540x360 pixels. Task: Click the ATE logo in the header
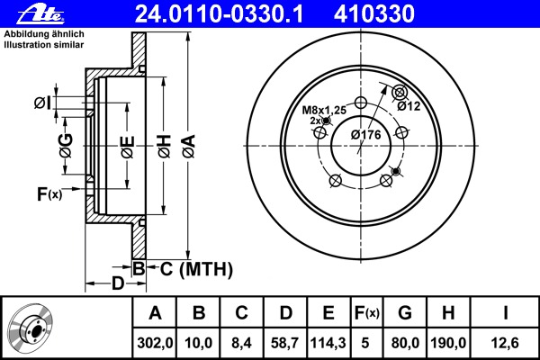tap(40, 14)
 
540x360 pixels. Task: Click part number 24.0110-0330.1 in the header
tap(220, 14)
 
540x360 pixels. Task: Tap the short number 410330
tap(374, 14)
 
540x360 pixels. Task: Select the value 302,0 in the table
tap(155, 343)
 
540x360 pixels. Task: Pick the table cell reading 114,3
tap(328, 343)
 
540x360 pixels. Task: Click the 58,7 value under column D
tap(284, 343)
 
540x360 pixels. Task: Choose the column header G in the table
tap(405, 313)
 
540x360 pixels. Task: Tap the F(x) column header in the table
tap(367, 313)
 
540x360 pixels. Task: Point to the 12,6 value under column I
tap(505, 343)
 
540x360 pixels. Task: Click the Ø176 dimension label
tap(365, 135)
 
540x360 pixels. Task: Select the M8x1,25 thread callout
tap(324, 110)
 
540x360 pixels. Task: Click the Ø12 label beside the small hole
tap(409, 106)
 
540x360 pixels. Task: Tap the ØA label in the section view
tap(189, 147)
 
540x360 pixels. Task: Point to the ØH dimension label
tap(165, 147)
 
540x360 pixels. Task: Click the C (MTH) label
tap(196, 269)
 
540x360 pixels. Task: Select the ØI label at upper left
tap(42, 103)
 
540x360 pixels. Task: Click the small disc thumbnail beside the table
tap(31, 328)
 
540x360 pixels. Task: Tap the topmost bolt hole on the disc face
tap(361, 103)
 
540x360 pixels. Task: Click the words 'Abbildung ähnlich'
tap(44, 34)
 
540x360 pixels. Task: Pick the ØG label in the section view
tap(66, 146)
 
